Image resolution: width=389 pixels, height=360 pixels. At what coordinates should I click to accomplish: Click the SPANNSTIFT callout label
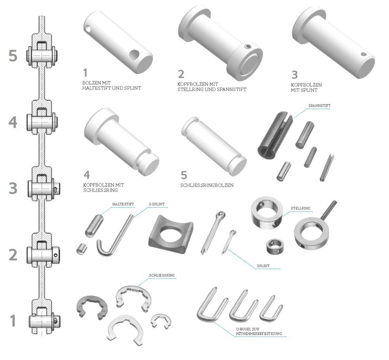(319, 105)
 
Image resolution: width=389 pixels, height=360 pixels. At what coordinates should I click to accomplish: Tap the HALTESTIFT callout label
(123, 204)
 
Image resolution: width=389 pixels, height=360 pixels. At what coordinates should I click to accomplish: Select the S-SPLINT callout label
(156, 204)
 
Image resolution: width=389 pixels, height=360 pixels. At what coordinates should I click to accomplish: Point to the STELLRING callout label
(300, 208)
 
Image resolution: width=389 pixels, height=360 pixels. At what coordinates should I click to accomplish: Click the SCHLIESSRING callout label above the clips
(162, 275)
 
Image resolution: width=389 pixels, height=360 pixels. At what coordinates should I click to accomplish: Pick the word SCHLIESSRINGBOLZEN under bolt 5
(207, 185)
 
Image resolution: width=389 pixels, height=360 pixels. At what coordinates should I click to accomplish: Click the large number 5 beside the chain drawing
(13, 56)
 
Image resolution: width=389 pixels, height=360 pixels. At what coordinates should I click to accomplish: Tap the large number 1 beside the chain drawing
(13, 321)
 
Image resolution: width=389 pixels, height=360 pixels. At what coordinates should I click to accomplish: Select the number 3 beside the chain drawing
(13, 188)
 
